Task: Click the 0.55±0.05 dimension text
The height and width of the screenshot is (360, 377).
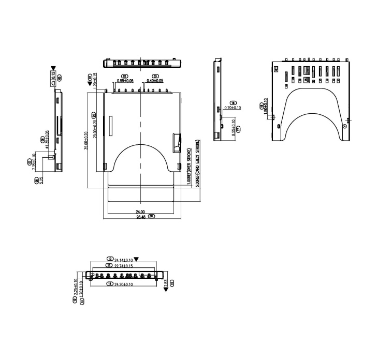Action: tap(125, 81)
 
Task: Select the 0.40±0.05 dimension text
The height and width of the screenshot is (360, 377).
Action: tap(154, 81)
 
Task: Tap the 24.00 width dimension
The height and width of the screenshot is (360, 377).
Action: tap(139, 212)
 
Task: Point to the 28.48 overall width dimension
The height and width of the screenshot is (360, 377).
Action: tap(139, 217)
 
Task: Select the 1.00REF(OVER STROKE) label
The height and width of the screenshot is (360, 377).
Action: tap(190, 167)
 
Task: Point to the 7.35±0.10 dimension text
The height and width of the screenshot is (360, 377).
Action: tap(34, 161)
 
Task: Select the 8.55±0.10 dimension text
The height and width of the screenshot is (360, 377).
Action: tap(234, 127)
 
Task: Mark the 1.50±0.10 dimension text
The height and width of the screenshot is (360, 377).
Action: tap(266, 107)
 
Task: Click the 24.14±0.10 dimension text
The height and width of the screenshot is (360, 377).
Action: tap(124, 259)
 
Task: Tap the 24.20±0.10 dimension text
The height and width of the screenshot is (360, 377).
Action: tap(124, 284)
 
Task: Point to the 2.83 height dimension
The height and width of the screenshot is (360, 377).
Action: tap(166, 282)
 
